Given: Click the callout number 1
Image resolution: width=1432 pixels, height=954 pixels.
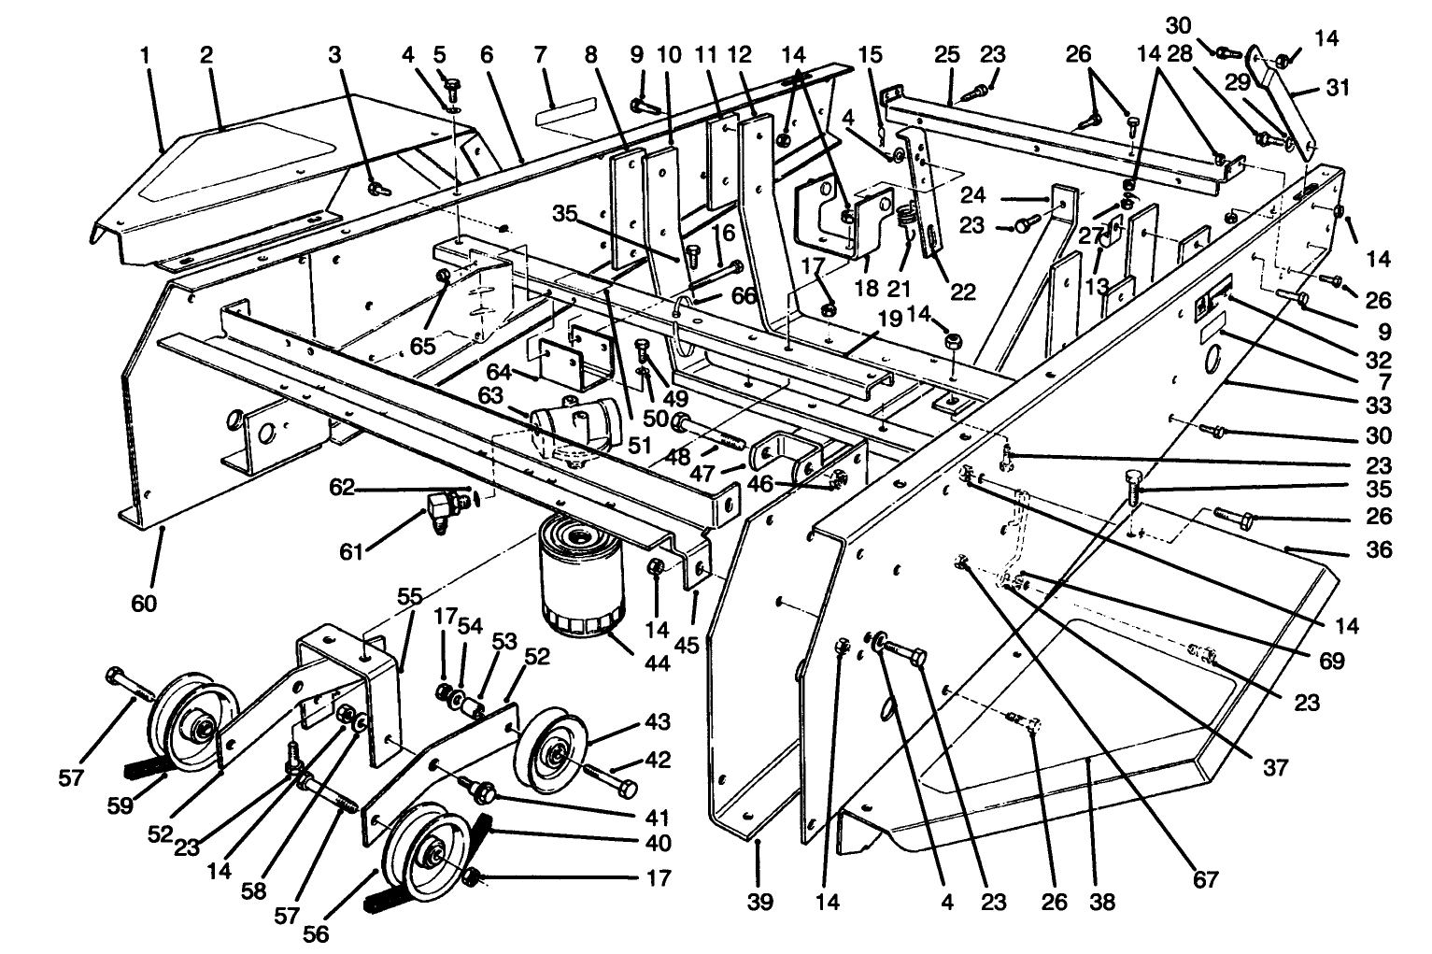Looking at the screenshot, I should pos(145,55).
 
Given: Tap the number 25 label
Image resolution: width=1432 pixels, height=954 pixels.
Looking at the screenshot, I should pos(947,55).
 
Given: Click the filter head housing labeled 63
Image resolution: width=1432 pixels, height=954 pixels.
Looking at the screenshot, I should pos(570,425).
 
